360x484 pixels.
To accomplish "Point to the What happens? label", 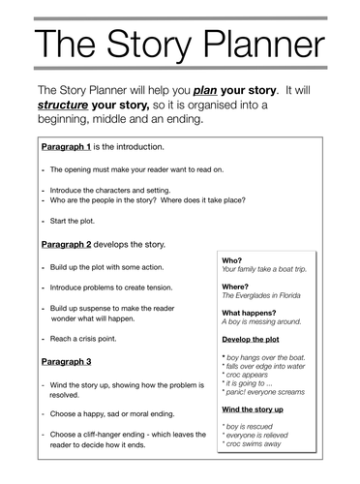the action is (x=251, y=313).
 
